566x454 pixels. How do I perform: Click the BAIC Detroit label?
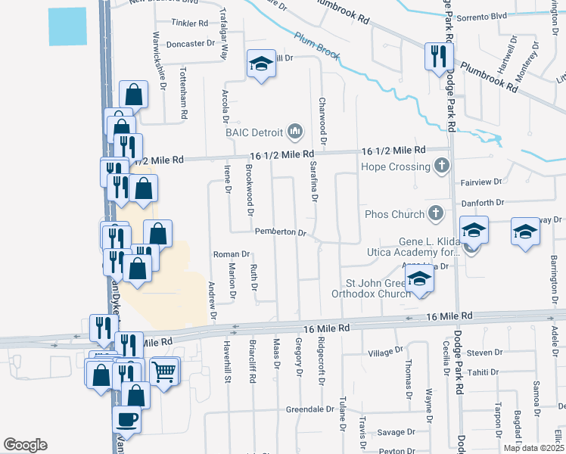pyautogui.click(x=253, y=132)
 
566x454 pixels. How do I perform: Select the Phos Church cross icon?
pyautogui.click(x=435, y=214)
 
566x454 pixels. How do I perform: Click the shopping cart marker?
pyautogui.click(x=164, y=372)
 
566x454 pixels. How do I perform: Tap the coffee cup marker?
pyautogui.click(x=126, y=418)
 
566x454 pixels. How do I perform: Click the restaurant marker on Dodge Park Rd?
pyautogui.click(x=439, y=56)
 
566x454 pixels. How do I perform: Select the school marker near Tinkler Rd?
pyautogui.click(x=260, y=65)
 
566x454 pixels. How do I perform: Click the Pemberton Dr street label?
pyautogui.click(x=280, y=232)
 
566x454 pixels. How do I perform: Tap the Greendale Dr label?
pyautogui.click(x=310, y=409)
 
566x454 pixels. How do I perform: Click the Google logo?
pyautogui.click(x=25, y=445)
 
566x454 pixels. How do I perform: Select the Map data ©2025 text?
pyautogui.click(x=533, y=448)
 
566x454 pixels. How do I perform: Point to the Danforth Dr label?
pyautogui.click(x=482, y=203)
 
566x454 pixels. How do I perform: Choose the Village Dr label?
pyautogui.click(x=385, y=353)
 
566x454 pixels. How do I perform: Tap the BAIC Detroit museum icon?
pyautogui.click(x=294, y=132)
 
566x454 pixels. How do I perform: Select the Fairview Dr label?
pyautogui.click(x=481, y=182)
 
